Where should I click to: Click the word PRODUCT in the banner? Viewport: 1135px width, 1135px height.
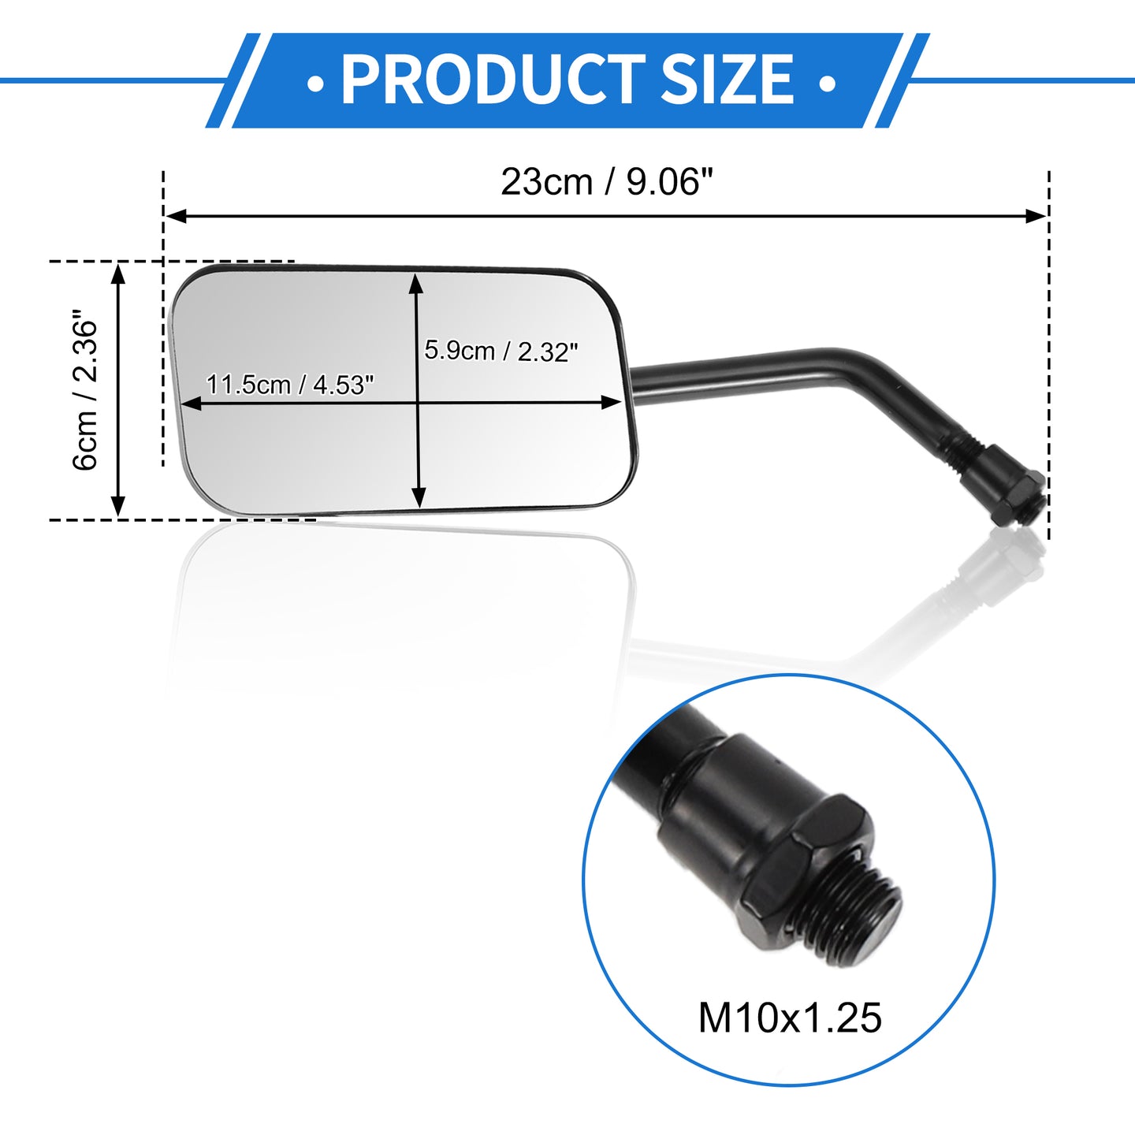(x=493, y=79)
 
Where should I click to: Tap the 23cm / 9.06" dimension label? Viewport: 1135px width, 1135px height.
(x=607, y=182)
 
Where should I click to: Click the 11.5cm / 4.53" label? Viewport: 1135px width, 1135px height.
(x=290, y=385)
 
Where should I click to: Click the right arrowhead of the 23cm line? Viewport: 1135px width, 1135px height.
(x=1036, y=216)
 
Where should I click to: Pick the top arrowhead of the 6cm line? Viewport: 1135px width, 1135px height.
(x=118, y=274)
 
